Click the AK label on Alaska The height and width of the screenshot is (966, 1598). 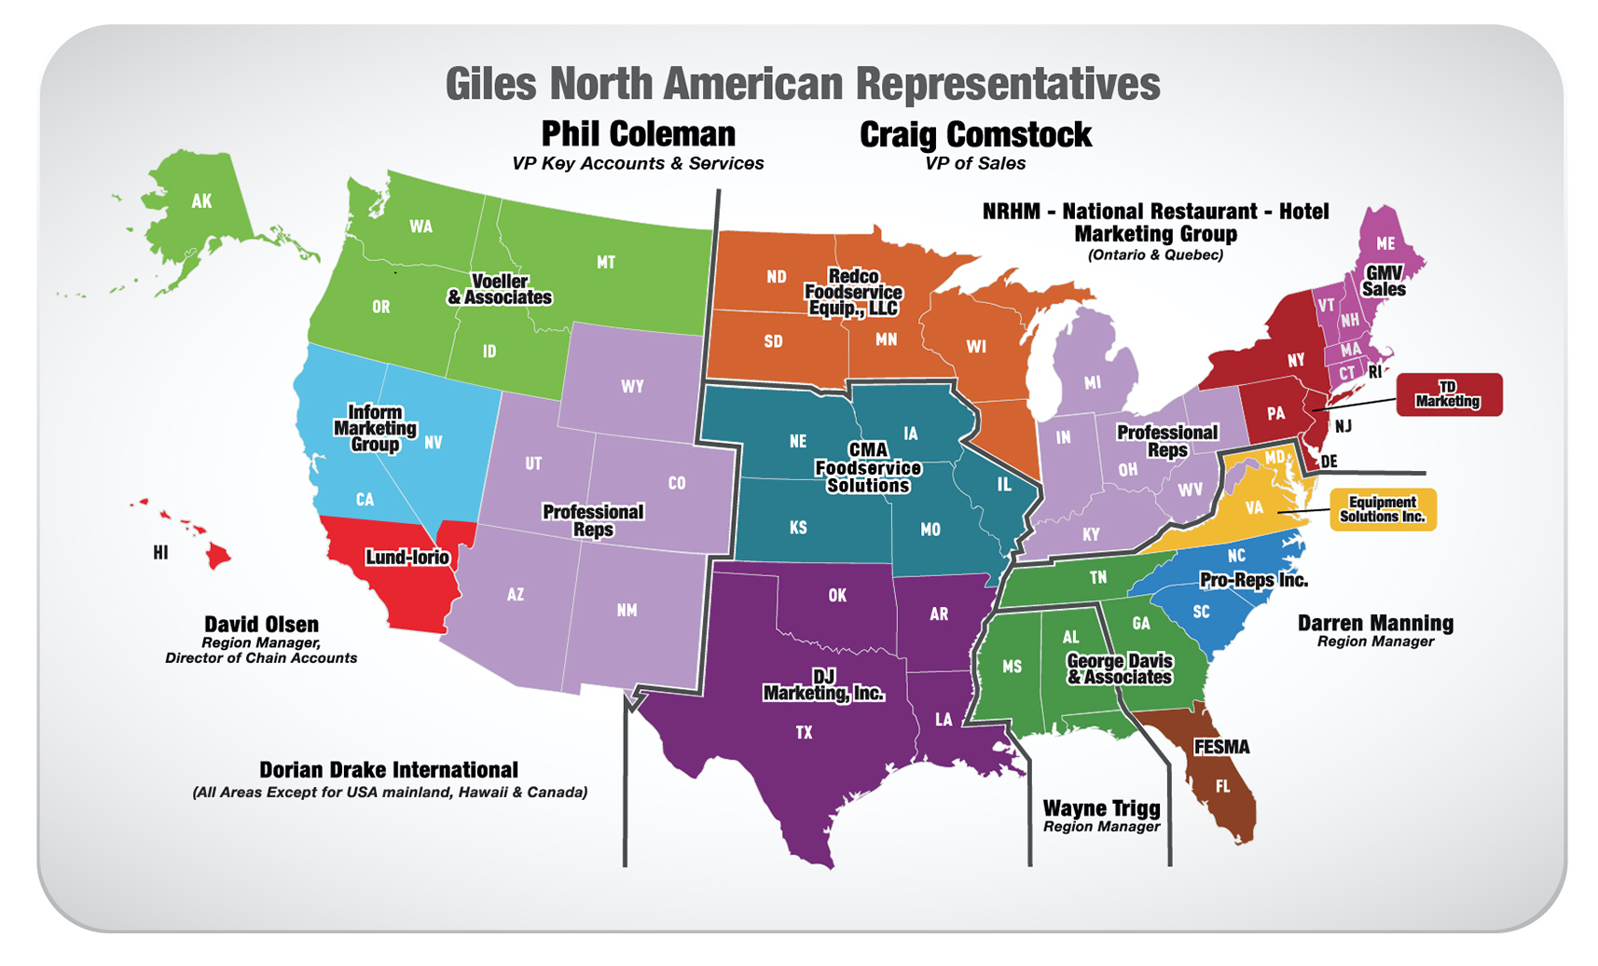pyautogui.click(x=201, y=200)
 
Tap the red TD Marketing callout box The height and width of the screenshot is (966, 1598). pyautogui.click(x=1449, y=394)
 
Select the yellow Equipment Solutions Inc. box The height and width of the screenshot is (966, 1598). pyautogui.click(x=1383, y=509)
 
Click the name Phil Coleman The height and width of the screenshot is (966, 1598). pyautogui.click(x=639, y=134)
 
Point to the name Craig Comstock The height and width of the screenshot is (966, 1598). pyautogui.click(x=975, y=135)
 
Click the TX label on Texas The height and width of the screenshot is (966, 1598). pyautogui.click(x=804, y=733)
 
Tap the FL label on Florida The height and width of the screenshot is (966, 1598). pyautogui.click(x=1222, y=786)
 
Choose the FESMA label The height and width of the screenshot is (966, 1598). pyautogui.click(x=1221, y=747)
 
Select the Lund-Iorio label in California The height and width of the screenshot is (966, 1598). pyautogui.click(x=407, y=558)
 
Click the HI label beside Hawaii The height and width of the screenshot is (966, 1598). pyautogui.click(x=160, y=553)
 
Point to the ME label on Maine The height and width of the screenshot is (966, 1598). pyautogui.click(x=1385, y=243)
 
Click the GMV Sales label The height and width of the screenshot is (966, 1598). pyautogui.click(x=1384, y=281)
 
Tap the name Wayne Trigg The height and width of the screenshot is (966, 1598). pyautogui.click(x=1101, y=808)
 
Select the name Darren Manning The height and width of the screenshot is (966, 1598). pyautogui.click(x=1375, y=623)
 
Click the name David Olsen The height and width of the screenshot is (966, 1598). pyautogui.click(x=261, y=625)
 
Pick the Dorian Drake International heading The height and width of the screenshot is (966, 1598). pyautogui.click(x=388, y=770)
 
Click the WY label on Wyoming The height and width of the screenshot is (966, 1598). pyautogui.click(x=632, y=386)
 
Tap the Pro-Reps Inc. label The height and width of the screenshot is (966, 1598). pyautogui.click(x=1253, y=580)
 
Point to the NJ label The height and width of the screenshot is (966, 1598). pyautogui.click(x=1343, y=426)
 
